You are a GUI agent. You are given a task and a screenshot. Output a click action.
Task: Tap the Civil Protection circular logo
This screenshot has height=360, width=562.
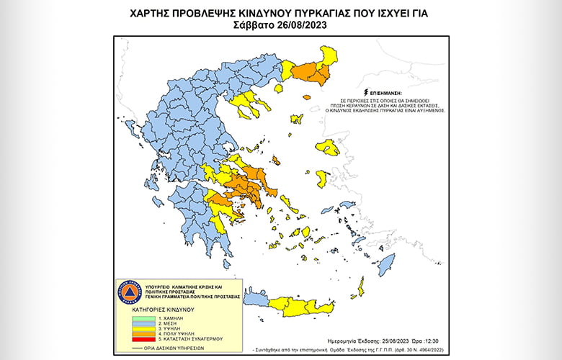click(x=128, y=292)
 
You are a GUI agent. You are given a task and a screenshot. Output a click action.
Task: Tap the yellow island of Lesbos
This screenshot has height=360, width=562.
click(x=328, y=148)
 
